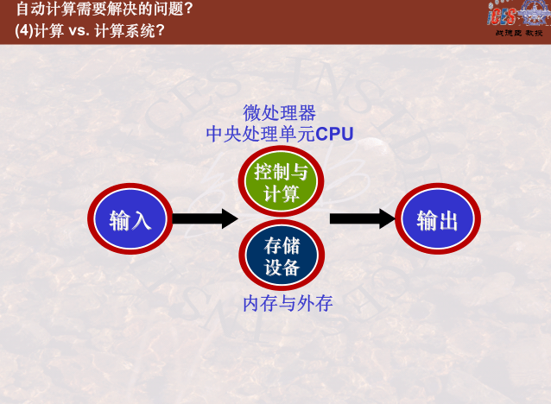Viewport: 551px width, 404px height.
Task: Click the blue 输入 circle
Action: click(x=130, y=220)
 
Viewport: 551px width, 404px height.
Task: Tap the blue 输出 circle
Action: click(x=438, y=220)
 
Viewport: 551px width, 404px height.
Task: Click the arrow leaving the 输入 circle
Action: click(x=204, y=219)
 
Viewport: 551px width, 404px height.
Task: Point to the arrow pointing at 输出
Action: click(x=362, y=219)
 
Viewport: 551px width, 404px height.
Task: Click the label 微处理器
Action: click(x=280, y=113)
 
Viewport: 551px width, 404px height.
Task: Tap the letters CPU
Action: click(x=335, y=134)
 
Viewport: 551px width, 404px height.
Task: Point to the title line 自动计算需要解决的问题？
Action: click(x=104, y=9)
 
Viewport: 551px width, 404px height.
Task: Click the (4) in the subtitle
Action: click(x=24, y=29)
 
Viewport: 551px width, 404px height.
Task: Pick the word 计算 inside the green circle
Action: click(x=281, y=193)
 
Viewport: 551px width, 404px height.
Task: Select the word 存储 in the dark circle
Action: click(x=281, y=246)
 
